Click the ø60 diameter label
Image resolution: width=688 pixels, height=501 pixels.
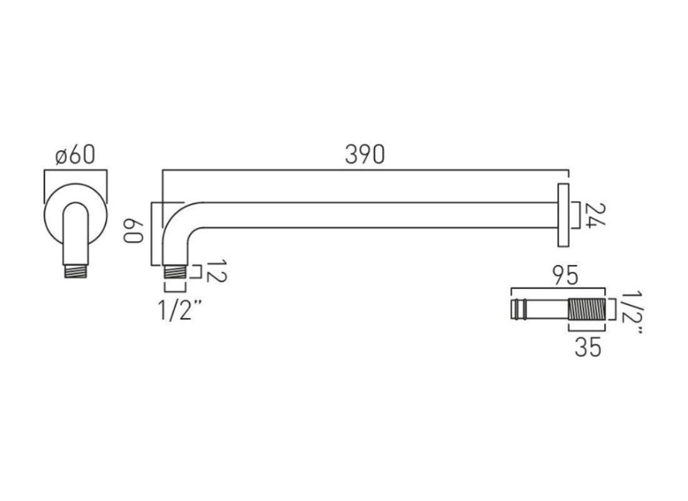75,155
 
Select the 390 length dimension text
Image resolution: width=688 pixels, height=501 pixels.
365,155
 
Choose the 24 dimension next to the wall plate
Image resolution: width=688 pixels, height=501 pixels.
595,216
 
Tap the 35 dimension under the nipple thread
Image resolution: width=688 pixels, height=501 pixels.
588,346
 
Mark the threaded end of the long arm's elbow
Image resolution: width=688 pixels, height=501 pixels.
175,272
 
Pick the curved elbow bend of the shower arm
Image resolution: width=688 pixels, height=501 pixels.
178,219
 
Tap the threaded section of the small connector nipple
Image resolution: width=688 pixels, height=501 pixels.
587,309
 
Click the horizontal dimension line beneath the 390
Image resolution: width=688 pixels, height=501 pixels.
365,170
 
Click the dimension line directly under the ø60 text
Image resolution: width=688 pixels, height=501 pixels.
75,170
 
